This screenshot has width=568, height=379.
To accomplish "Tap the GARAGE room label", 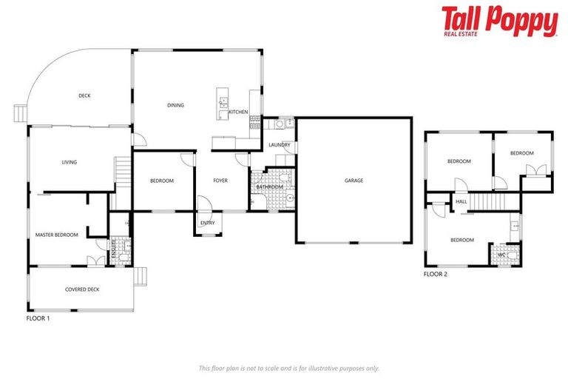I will pos(354,181).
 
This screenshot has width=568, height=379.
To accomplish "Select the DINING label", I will pos(175,106).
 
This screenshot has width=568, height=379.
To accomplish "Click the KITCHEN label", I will pos(238,112).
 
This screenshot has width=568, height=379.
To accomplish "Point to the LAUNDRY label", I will pos(279,145).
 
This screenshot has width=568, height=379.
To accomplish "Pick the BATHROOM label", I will pos(270,187).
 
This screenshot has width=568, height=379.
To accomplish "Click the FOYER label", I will pos(221,181).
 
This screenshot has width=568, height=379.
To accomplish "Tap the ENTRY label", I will pos(208,222).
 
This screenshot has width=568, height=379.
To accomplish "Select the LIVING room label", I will pos(70,162).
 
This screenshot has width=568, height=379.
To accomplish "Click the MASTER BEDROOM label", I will pos(57,235).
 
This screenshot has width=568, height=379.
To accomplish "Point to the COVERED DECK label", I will pos(82,289).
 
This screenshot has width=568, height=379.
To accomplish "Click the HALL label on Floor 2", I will pos(461,201).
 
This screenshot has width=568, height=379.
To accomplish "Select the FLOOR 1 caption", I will pos(38,318).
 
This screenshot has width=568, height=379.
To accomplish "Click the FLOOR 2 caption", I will pos(436,274).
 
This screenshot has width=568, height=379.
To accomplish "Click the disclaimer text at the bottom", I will pos(289,368).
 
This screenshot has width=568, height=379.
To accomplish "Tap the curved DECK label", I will pos(85,95).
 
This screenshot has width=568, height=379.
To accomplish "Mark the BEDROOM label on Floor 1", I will pos(162,181).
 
